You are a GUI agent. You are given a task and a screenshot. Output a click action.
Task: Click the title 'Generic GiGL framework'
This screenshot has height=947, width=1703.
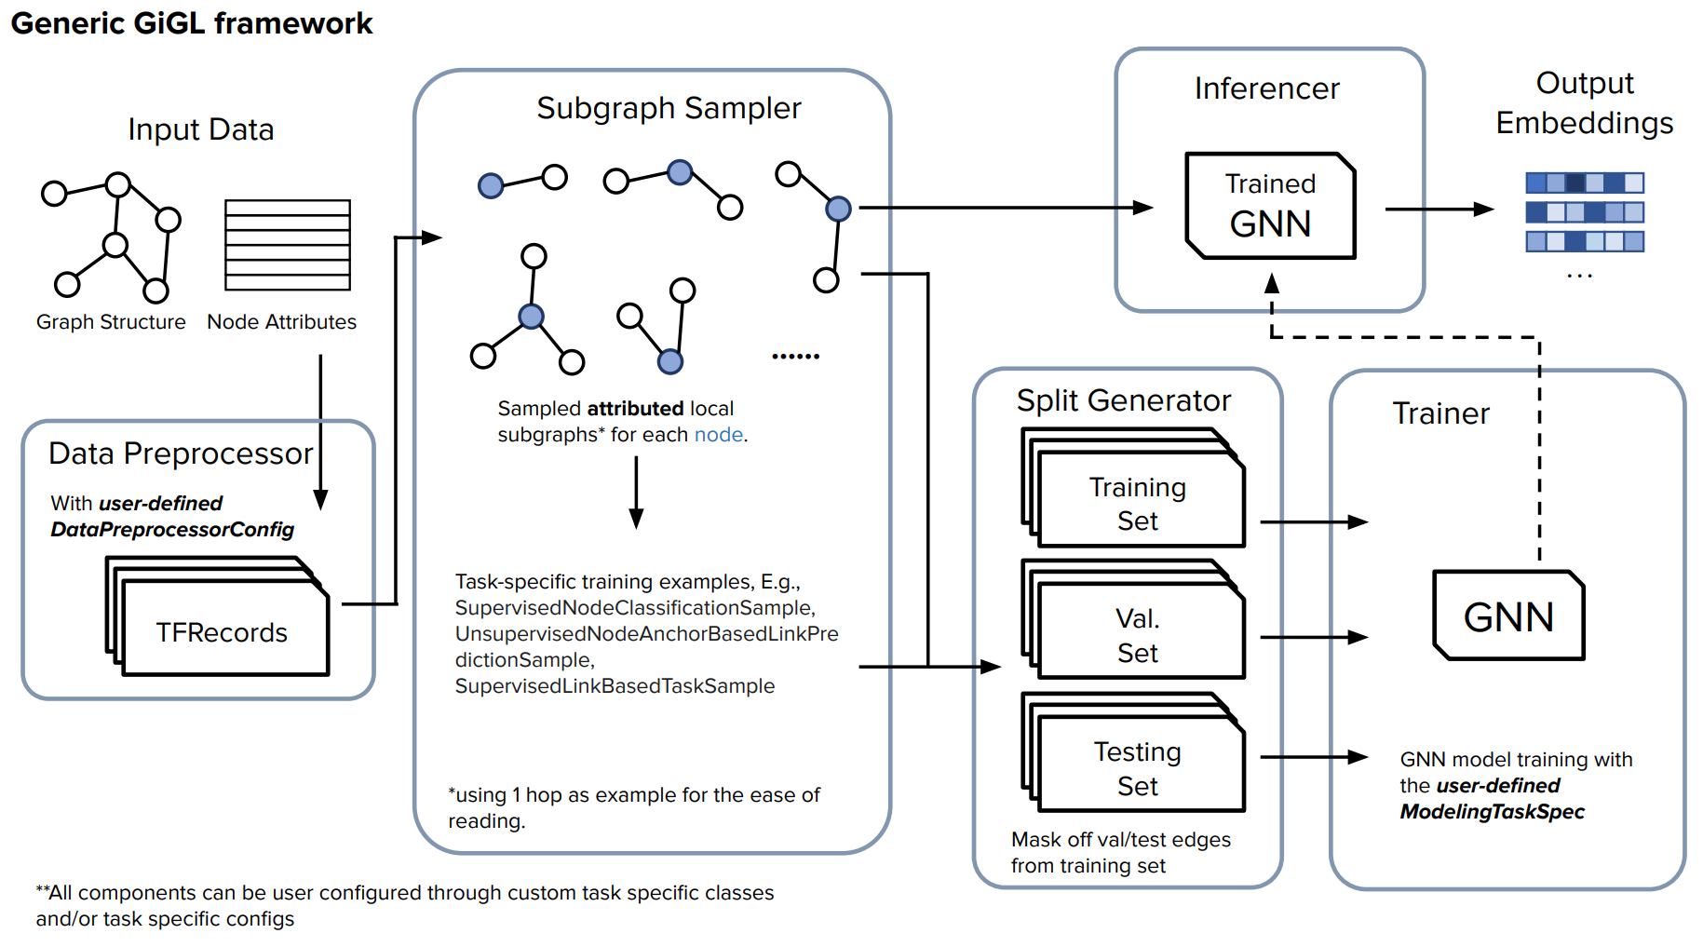pyautogui.click(x=192, y=23)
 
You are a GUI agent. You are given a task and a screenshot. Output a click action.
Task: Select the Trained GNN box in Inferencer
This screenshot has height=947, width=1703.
pyautogui.click(x=1270, y=206)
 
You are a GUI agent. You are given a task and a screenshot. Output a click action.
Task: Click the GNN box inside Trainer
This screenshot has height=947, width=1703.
pyautogui.click(x=1508, y=616)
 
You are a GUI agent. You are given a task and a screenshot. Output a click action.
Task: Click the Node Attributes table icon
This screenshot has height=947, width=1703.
pyautogui.click(x=288, y=245)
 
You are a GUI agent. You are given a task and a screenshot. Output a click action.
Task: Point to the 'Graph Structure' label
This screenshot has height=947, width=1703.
pyautogui.click(x=111, y=322)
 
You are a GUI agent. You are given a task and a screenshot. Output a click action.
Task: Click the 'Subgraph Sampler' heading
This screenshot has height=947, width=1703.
pyautogui.click(x=669, y=109)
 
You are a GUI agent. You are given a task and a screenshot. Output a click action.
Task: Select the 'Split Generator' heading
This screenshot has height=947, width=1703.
pyautogui.click(x=1123, y=400)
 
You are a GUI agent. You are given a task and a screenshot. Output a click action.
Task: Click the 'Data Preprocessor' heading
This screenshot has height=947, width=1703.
pyautogui.click(x=181, y=453)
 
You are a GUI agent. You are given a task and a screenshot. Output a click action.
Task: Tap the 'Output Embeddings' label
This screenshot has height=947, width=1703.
pyautogui.click(x=1584, y=102)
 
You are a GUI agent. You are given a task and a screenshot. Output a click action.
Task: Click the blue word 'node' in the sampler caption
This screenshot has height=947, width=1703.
pyautogui.click(x=719, y=435)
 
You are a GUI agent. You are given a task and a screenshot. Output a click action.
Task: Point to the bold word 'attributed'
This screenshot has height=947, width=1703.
pyautogui.click(x=635, y=409)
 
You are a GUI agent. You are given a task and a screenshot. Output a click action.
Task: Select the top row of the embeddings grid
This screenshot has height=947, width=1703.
pyautogui.click(x=1585, y=183)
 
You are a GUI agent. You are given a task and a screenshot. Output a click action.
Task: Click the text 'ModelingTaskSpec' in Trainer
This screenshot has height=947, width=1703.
pyautogui.click(x=1492, y=812)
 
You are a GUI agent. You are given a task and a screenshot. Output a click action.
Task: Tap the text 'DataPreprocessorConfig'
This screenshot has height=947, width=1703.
pyautogui.click(x=172, y=530)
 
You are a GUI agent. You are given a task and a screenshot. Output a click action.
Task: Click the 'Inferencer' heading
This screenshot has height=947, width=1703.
pyautogui.click(x=1266, y=88)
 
